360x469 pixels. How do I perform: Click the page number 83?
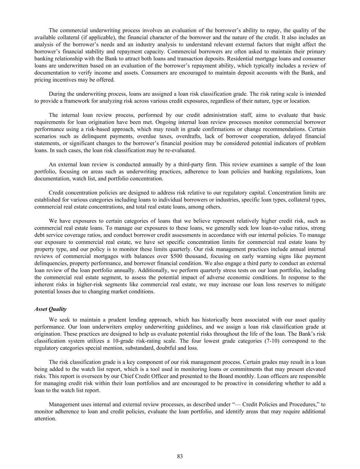(180, 456)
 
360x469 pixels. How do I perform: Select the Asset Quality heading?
(50, 309)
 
